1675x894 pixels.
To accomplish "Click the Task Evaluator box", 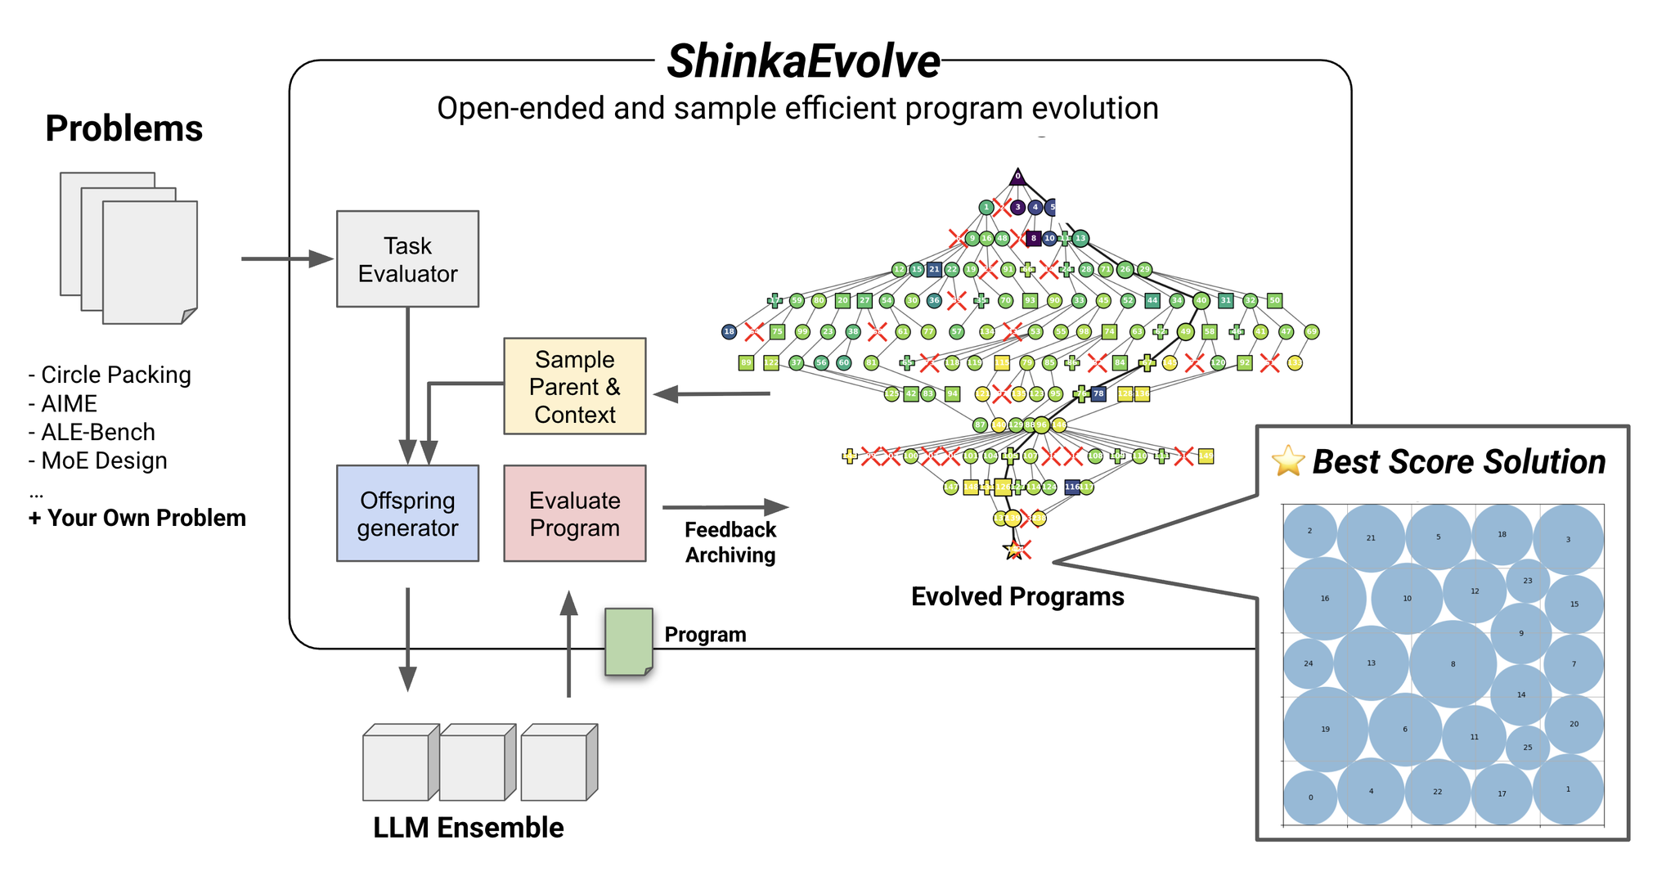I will click(407, 259).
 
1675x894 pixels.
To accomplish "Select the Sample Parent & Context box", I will click(574, 386).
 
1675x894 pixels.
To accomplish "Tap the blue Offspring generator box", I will click(407, 514).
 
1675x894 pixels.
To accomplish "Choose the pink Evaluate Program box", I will click(574, 514).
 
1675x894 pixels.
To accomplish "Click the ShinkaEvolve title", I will click(803, 61).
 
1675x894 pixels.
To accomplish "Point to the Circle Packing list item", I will click(110, 375).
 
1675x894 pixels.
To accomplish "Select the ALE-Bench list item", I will click(92, 432).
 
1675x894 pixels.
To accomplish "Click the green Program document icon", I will click(628, 642).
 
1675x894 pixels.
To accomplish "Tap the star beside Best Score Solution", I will click(1288, 461).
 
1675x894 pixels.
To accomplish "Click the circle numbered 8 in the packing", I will click(1453, 663).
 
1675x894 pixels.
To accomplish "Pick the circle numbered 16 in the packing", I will click(1324, 599).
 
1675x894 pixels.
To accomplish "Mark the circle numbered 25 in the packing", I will click(1527, 747).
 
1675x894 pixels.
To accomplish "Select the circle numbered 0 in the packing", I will click(1310, 797).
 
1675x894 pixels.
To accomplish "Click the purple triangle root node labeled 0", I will click(1017, 176).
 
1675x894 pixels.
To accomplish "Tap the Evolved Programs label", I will click(1017, 596).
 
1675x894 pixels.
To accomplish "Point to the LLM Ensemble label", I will click(468, 828).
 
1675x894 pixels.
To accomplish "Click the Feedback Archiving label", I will click(730, 542).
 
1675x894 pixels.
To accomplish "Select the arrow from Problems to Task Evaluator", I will click(286, 259).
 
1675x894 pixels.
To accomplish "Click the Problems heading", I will click(124, 128).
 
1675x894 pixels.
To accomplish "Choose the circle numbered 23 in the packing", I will click(1528, 581).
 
